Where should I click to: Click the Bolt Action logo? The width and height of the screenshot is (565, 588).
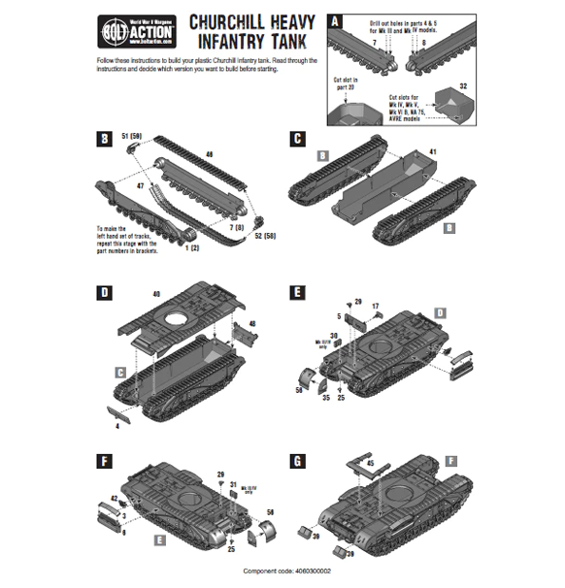tap(124, 30)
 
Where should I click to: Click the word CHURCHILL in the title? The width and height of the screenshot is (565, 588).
tap(237, 22)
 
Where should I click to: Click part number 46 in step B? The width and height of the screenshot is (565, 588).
tap(211, 153)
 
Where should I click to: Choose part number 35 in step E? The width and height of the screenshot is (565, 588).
tap(325, 398)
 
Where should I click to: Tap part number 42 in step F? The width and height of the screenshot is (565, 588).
tap(114, 498)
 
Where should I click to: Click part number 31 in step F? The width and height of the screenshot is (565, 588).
tap(233, 482)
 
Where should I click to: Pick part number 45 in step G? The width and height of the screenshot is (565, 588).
tap(370, 464)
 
